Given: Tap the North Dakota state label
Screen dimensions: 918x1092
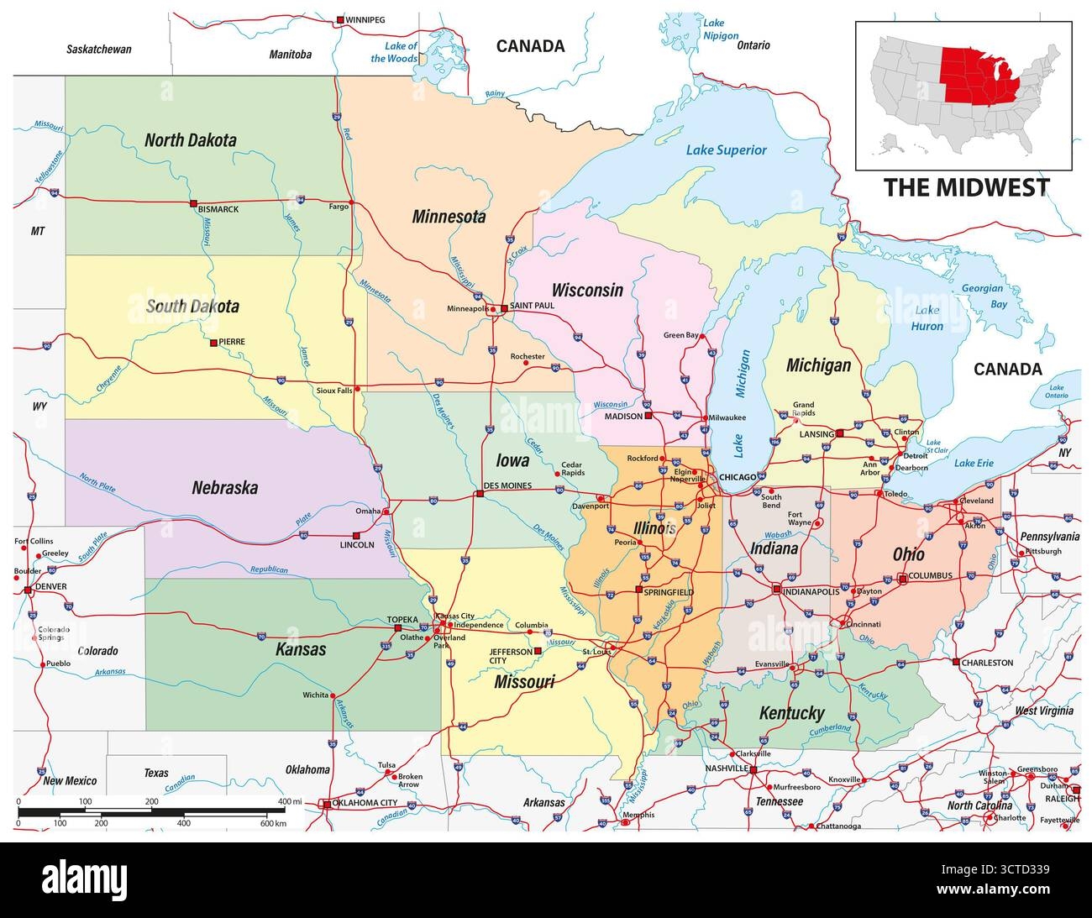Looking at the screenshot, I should point(190,140).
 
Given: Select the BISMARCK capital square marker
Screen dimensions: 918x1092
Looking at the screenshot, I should point(193,203).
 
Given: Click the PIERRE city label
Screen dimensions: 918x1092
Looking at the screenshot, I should point(231,343).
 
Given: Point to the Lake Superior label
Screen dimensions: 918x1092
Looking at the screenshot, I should point(726,150).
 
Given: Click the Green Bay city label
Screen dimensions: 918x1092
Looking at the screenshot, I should point(681,336).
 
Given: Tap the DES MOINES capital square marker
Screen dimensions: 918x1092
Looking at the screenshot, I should point(480,494).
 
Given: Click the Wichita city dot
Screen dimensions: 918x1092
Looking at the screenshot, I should point(333,695).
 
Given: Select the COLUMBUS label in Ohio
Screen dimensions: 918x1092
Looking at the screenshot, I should point(929,576).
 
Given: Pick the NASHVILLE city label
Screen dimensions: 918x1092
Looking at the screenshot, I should point(727,768).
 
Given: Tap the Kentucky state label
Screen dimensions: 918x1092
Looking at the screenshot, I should point(791,713).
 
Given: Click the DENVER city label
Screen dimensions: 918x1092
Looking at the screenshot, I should point(50,587).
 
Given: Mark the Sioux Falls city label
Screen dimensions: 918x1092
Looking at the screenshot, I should point(333,391).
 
